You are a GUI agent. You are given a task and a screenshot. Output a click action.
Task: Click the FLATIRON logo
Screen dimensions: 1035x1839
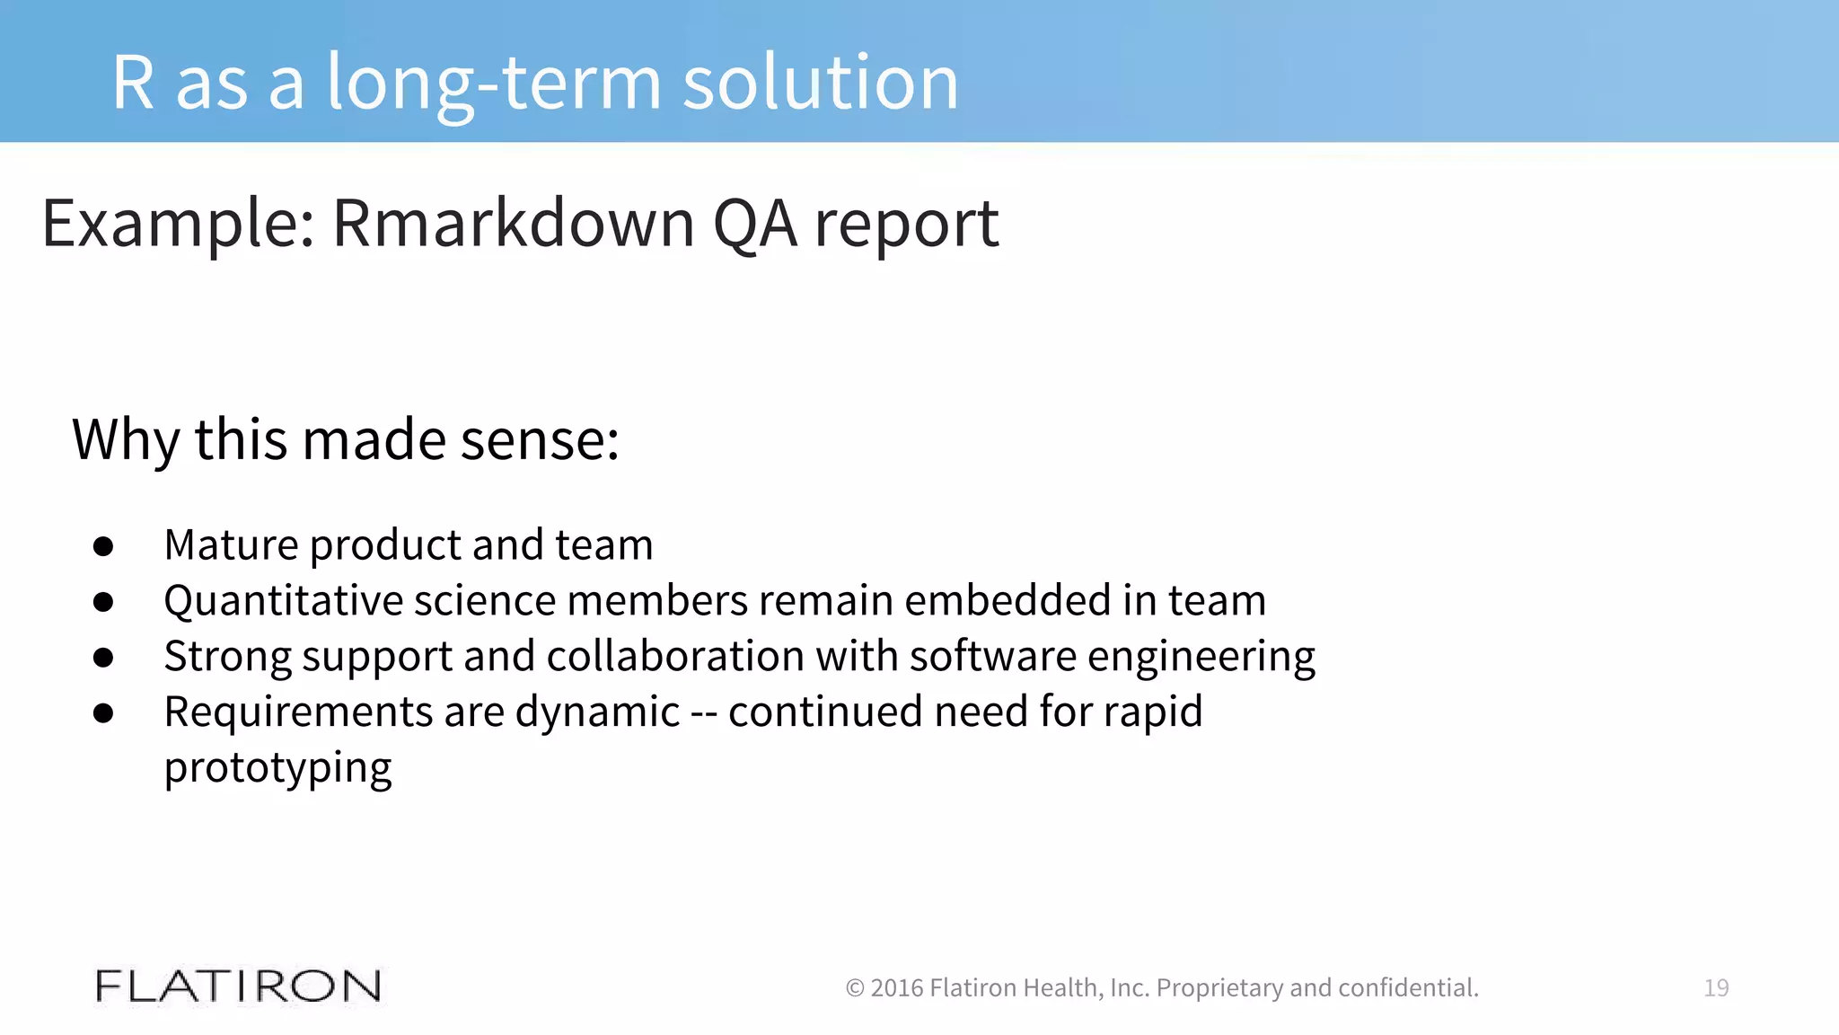click(238, 986)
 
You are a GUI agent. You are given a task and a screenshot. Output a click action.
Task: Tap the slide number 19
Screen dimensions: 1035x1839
click(1716, 988)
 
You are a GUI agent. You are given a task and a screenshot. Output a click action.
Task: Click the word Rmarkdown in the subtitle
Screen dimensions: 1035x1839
click(514, 224)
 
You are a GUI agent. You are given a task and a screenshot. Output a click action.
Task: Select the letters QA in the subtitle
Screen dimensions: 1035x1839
click(754, 224)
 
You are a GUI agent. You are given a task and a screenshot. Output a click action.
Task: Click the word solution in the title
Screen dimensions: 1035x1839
click(821, 84)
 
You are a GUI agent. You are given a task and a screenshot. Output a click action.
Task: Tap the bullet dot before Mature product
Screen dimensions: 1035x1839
click(103, 546)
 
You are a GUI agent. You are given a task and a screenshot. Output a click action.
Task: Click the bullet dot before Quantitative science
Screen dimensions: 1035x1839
click(103, 602)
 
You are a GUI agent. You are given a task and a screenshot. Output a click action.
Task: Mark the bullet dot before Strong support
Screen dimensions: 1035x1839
click(103, 658)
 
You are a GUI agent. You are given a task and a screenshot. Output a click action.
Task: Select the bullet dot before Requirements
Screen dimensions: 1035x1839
click(103, 713)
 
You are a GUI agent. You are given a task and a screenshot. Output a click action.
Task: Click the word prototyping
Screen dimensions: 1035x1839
click(277, 769)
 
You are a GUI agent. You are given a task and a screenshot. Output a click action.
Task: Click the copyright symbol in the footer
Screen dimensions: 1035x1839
click(855, 988)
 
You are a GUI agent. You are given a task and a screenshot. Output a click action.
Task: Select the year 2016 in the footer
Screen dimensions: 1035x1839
click(897, 988)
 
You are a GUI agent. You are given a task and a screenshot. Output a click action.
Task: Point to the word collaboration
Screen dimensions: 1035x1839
click(675, 656)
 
